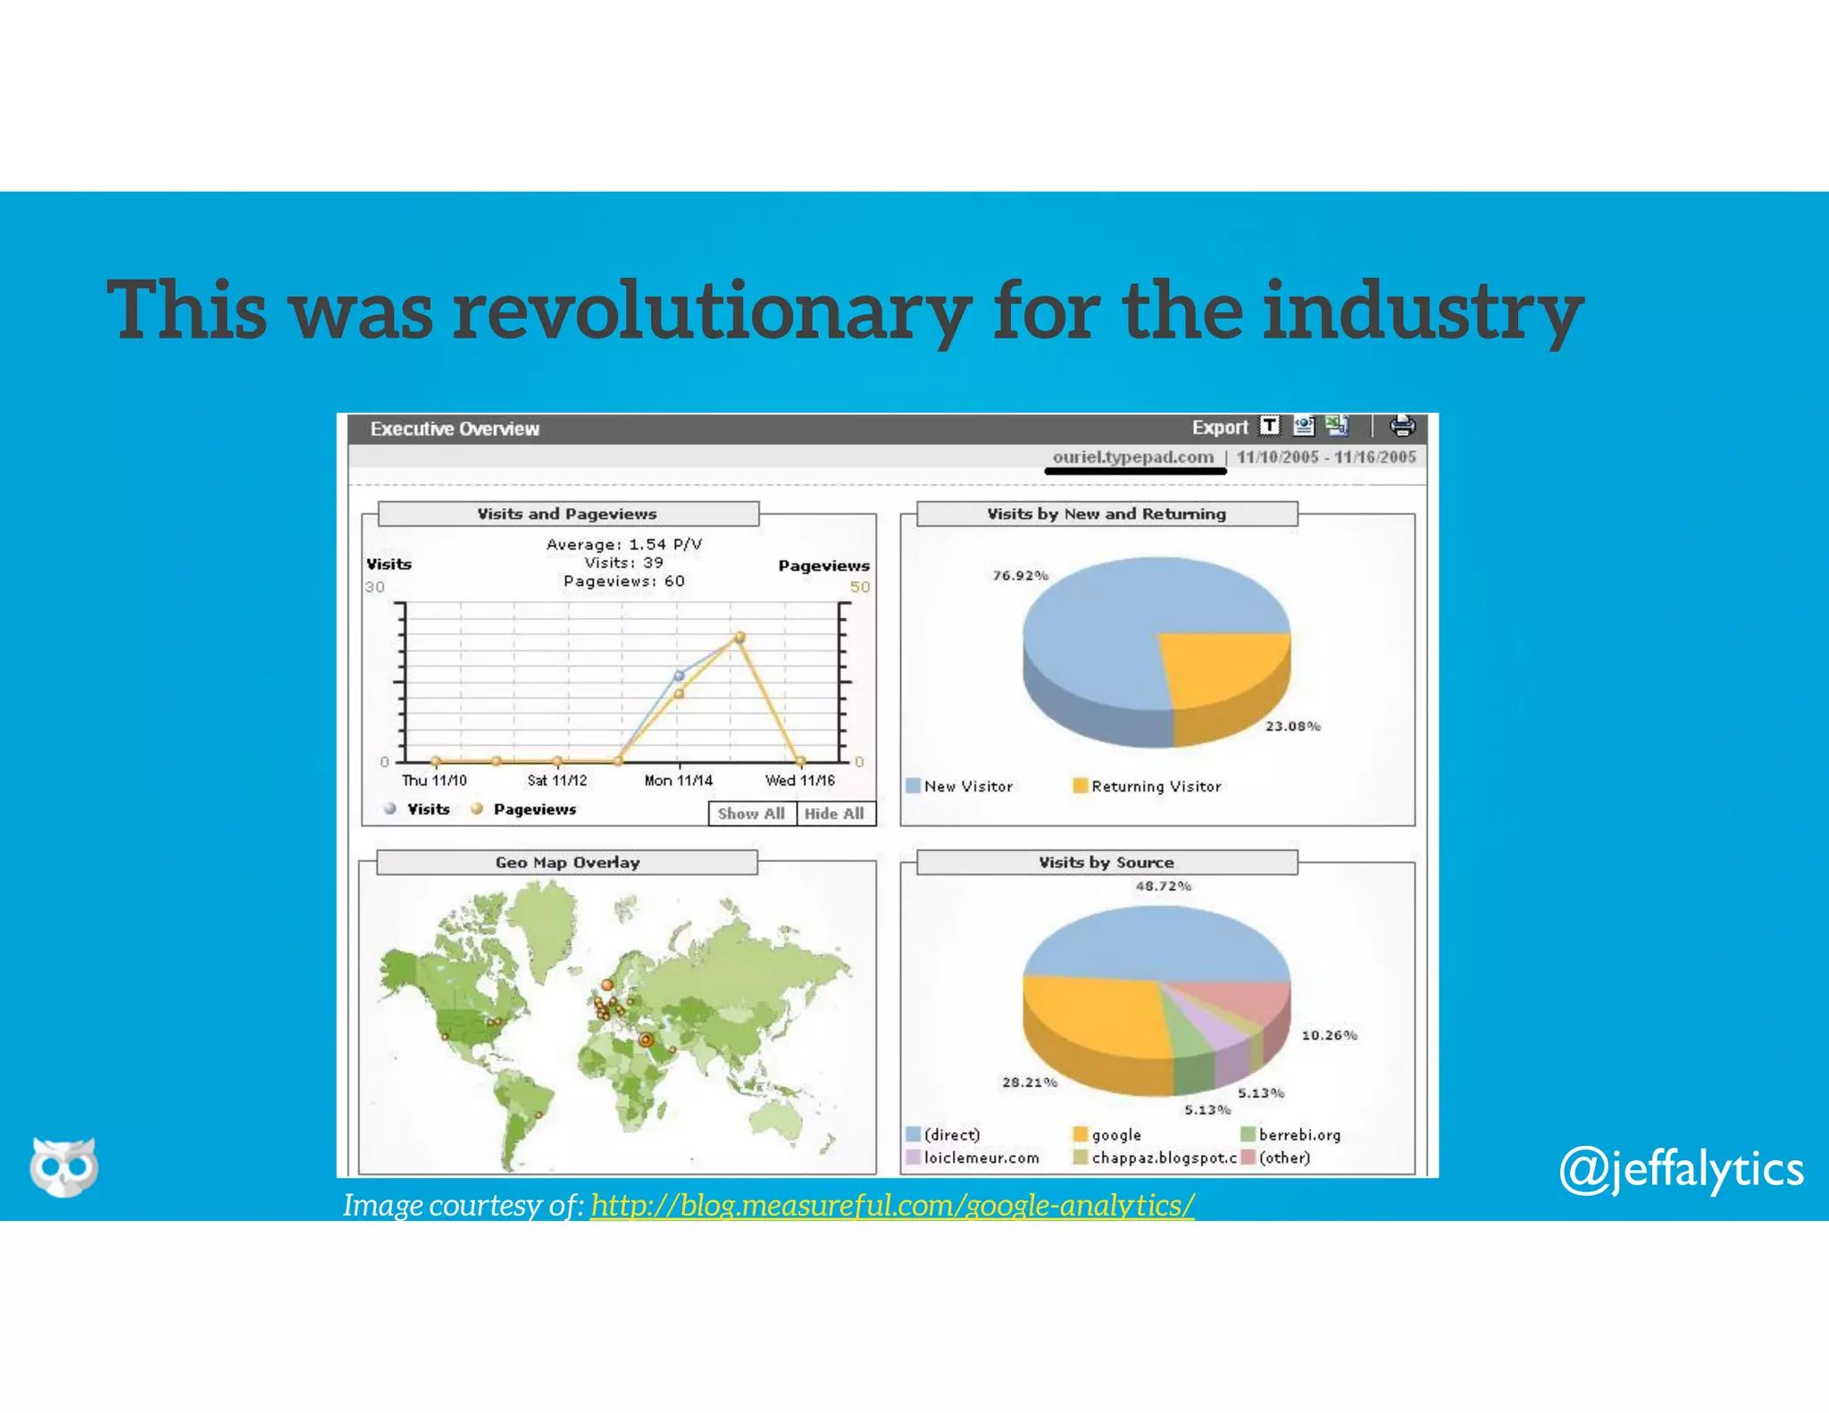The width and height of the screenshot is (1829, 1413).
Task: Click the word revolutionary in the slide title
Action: (712, 311)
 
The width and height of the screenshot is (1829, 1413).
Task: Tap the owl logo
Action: (63, 1166)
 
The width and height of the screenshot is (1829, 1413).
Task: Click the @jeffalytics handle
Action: (1681, 1170)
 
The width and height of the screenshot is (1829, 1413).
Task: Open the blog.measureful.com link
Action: (891, 1205)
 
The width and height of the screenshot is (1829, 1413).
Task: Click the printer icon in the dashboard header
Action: (1401, 426)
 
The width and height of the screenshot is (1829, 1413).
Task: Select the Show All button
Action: (751, 814)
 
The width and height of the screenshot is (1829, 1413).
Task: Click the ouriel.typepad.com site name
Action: (1132, 457)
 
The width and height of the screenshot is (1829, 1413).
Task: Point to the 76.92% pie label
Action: (1020, 575)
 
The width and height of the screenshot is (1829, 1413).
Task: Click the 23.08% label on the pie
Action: (1292, 726)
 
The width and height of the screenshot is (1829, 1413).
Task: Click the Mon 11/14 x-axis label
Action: (679, 781)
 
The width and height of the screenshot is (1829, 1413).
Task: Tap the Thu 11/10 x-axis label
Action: (434, 781)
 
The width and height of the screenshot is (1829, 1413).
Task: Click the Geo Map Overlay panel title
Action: (567, 863)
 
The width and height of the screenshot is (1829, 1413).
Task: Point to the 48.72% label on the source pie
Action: (1163, 886)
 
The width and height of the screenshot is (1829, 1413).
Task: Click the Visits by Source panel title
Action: (1106, 863)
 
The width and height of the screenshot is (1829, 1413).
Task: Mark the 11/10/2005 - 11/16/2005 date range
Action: (1326, 457)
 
